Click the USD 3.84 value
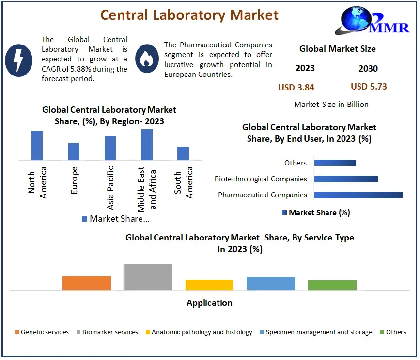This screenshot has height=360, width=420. click(296, 87)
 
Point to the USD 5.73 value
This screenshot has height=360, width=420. click(369, 87)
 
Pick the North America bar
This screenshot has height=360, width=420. click(37, 145)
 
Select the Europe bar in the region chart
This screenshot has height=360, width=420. click(74, 151)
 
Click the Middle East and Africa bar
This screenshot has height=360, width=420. click(147, 144)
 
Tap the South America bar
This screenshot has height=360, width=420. click(183, 153)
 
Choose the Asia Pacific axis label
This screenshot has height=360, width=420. click(110, 188)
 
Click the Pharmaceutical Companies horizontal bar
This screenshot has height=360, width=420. click(358, 195)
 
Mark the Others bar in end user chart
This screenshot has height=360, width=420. click(335, 163)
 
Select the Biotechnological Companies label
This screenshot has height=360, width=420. click(261, 179)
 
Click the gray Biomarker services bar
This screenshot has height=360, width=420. click(148, 277)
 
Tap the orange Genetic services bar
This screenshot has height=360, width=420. click(87, 283)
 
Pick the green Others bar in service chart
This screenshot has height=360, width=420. click(332, 285)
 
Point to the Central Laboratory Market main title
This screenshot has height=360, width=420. click(189, 15)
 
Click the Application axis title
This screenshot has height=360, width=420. click(209, 303)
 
